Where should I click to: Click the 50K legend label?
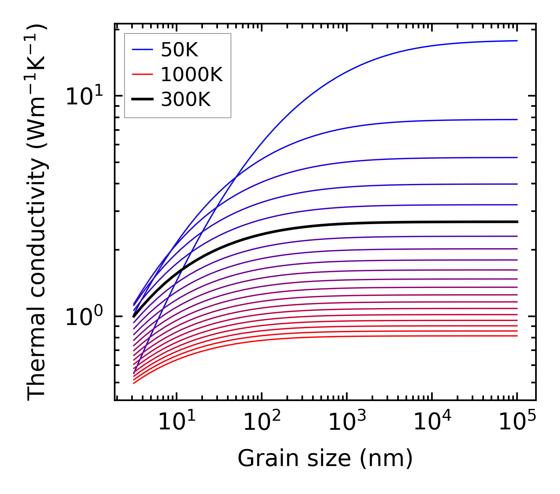[179, 50]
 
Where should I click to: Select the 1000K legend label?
[192, 75]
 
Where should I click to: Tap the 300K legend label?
[186, 100]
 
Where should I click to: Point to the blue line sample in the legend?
[142, 50]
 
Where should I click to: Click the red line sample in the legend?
[142, 74]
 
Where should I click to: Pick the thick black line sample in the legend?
[142, 99]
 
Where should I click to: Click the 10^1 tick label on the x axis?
[176, 423]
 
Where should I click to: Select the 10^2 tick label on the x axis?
[262, 423]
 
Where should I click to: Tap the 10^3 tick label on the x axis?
[347, 423]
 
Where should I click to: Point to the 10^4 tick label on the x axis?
[432, 423]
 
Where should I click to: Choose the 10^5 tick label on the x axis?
[517, 423]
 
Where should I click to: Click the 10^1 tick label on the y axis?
[84, 96]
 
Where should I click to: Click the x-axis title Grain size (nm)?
[325, 459]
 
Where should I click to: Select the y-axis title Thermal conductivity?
[37, 212]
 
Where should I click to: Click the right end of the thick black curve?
[517, 222]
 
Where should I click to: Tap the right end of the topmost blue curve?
[517, 41]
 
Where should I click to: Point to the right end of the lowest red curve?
[517, 336]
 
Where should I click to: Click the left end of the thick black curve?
[134, 316]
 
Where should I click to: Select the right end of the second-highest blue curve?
[517, 119]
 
